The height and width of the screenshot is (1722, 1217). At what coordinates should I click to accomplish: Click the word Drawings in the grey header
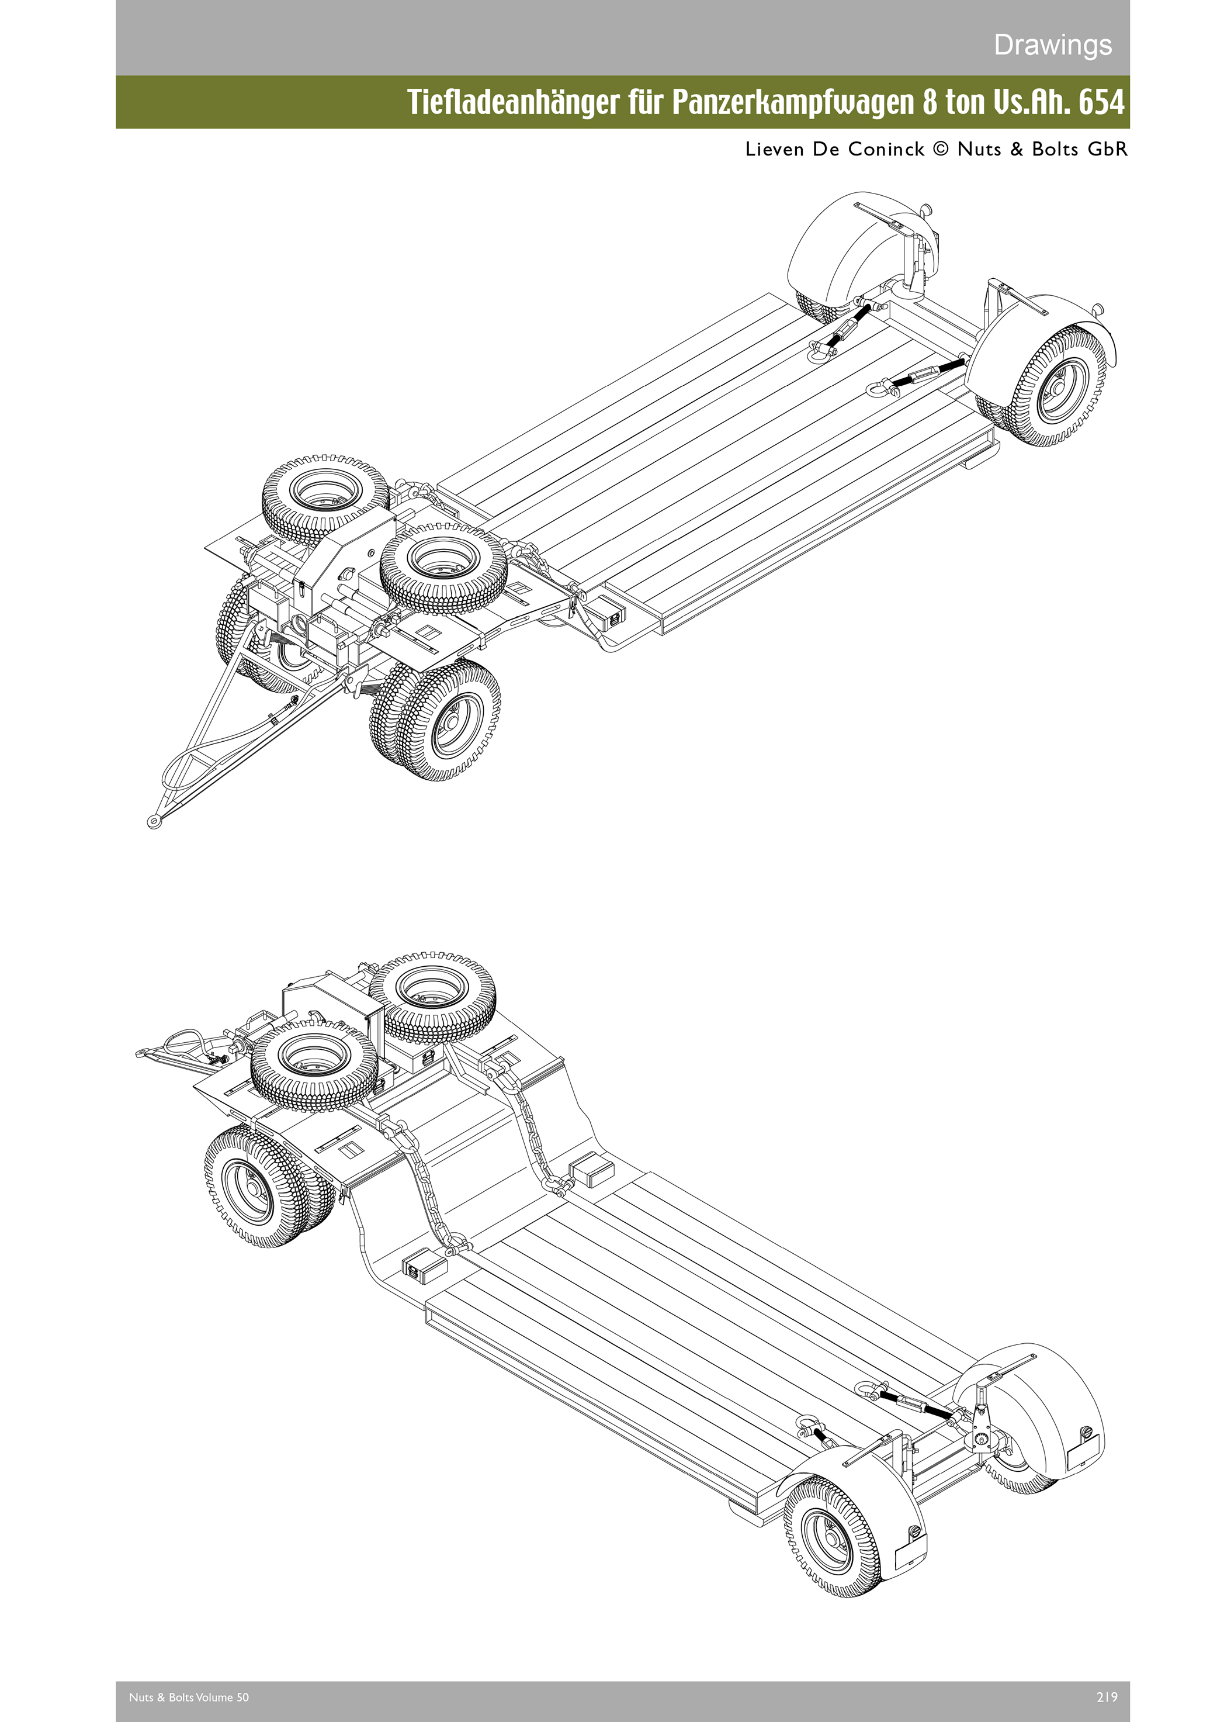tap(1052, 45)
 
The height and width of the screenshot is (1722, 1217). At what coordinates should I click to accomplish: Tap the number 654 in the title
tap(1101, 102)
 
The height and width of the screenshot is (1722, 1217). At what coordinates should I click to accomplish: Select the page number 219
tap(1106, 1696)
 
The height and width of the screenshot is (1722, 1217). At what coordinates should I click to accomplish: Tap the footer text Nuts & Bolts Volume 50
tap(188, 1696)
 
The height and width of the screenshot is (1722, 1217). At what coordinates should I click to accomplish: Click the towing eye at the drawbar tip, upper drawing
tap(154, 822)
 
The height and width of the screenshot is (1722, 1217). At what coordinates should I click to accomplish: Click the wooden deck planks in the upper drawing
tap(712, 450)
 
